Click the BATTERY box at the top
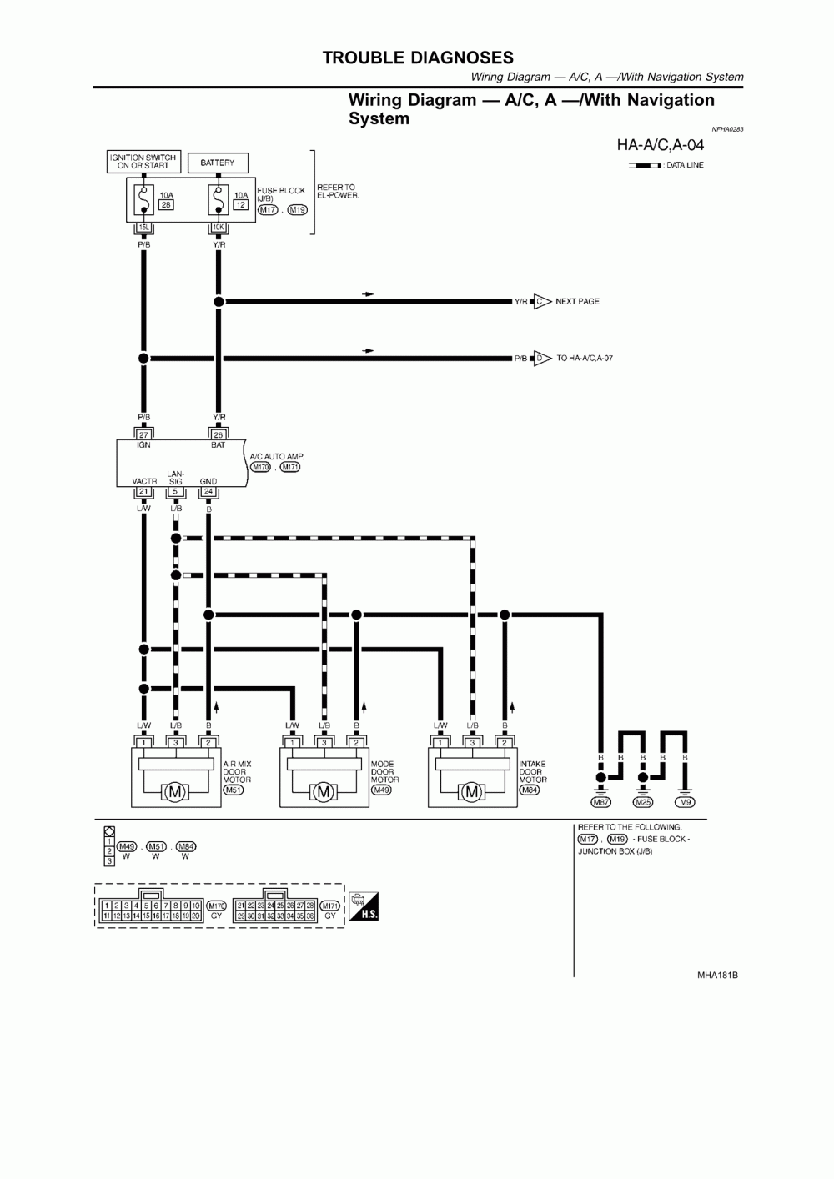218,163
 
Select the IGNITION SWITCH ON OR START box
143,162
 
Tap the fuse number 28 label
165,204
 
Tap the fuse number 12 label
240,204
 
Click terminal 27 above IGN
143,434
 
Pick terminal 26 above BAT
219,434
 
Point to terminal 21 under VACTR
143,491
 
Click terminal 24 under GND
208,491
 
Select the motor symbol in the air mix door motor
175,792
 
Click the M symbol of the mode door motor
324,792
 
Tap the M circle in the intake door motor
472,792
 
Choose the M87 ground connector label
600,802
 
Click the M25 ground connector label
642,802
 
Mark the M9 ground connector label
685,802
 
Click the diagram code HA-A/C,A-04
660,145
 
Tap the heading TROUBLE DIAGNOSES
418,58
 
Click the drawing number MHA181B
717,975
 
